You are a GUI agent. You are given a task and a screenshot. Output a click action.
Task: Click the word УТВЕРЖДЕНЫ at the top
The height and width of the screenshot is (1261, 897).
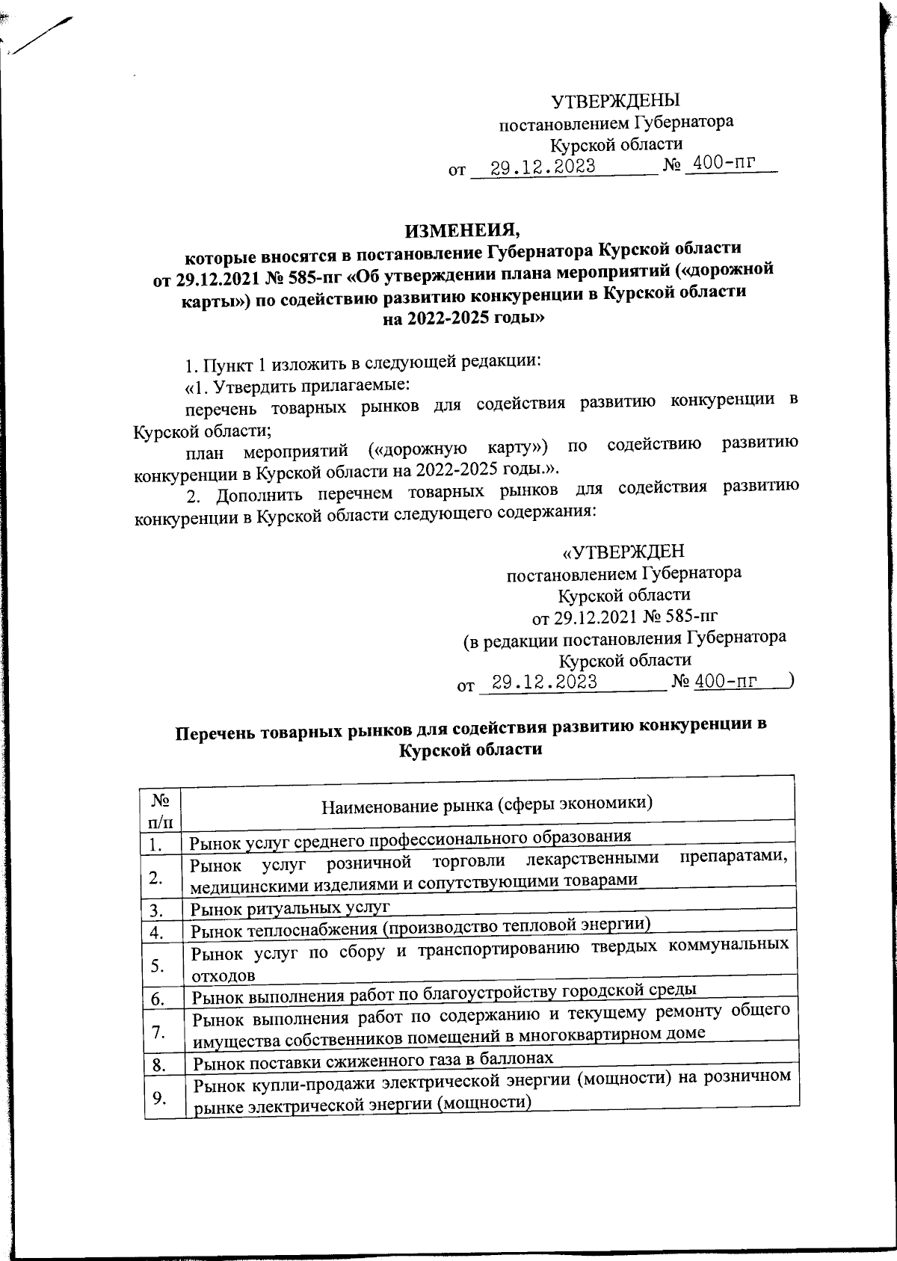pyautogui.click(x=615, y=100)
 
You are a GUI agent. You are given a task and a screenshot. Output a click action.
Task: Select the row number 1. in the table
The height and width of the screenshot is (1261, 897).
pyautogui.click(x=155, y=845)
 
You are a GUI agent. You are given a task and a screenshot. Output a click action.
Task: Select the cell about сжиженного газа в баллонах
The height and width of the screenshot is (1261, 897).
pyautogui.click(x=374, y=1059)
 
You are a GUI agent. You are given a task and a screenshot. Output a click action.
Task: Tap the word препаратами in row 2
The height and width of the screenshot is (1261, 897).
pyautogui.click(x=739, y=858)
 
